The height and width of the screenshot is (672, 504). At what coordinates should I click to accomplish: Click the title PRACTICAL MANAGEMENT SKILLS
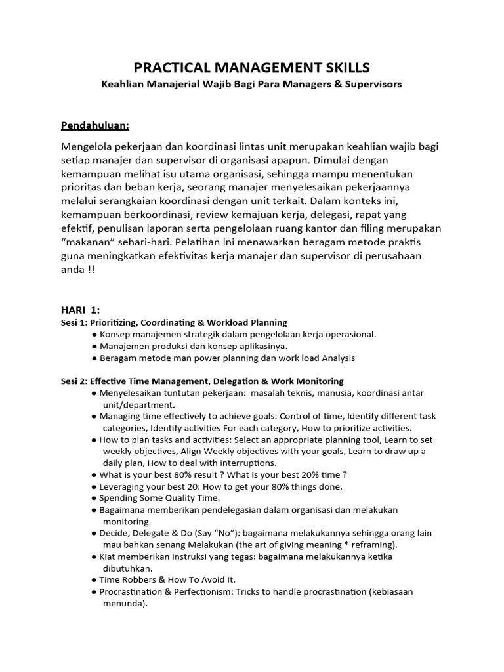tap(252, 67)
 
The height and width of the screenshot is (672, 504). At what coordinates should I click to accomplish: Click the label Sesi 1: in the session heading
tap(69, 322)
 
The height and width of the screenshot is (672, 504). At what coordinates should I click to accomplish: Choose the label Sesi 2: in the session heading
tap(69, 381)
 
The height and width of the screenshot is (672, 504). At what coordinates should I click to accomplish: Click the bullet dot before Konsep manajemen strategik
tap(94, 334)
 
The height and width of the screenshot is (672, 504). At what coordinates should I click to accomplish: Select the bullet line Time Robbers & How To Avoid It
tap(167, 579)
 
